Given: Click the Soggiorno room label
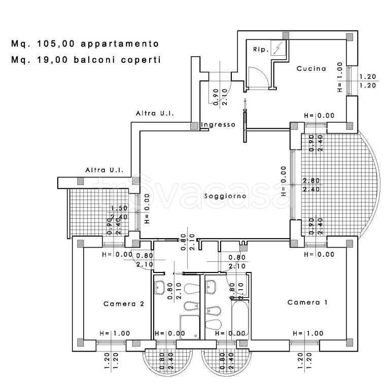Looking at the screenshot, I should coord(225,196).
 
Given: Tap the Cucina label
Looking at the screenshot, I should coord(311,69).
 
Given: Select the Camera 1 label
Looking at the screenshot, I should coord(307,302).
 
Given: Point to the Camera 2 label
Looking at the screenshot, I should coord(124,304).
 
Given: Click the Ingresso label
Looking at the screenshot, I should coord(218,125).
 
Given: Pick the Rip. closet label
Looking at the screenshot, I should coord(260,50).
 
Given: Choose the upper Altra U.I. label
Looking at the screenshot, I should coord(155,114).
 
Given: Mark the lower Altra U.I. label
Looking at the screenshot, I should coord(105,170).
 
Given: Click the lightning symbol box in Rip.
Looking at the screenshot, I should coord(278,49).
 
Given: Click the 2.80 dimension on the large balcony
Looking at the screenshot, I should coord(311,181).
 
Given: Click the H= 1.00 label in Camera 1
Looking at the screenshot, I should coord(307,333).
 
